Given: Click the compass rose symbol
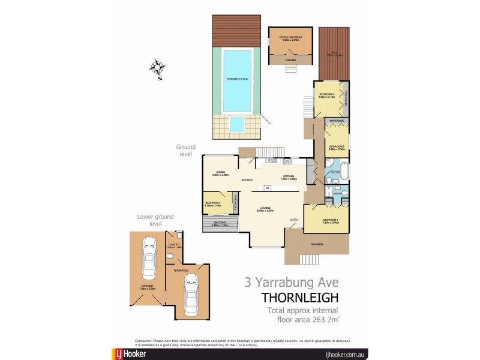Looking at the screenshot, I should (x=158, y=70).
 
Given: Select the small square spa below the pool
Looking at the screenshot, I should (x=238, y=124).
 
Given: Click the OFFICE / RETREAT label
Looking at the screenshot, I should (x=290, y=38).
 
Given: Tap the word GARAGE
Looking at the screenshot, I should (x=182, y=271).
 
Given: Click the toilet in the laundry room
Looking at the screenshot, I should (x=171, y=257).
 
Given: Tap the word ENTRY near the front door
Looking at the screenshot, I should (x=294, y=220).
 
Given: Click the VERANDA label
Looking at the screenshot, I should (x=317, y=245).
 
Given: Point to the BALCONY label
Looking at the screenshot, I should (x=220, y=224).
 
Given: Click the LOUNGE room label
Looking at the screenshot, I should (x=265, y=209).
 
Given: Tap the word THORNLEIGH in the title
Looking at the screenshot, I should (x=300, y=297).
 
